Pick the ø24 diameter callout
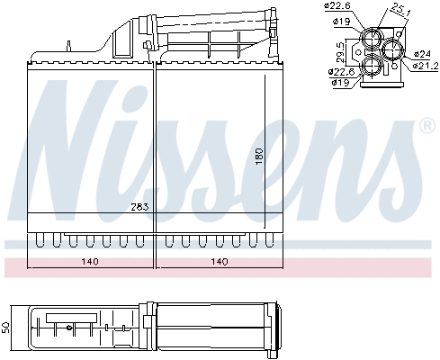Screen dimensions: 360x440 (x=422, y=55)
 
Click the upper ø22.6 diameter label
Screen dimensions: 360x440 (x=337, y=7)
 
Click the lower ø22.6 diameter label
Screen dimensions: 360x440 (x=341, y=72)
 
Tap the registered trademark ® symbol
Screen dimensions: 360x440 (x=427, y=128)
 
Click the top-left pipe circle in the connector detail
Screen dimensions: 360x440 (x=371, y=38)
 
